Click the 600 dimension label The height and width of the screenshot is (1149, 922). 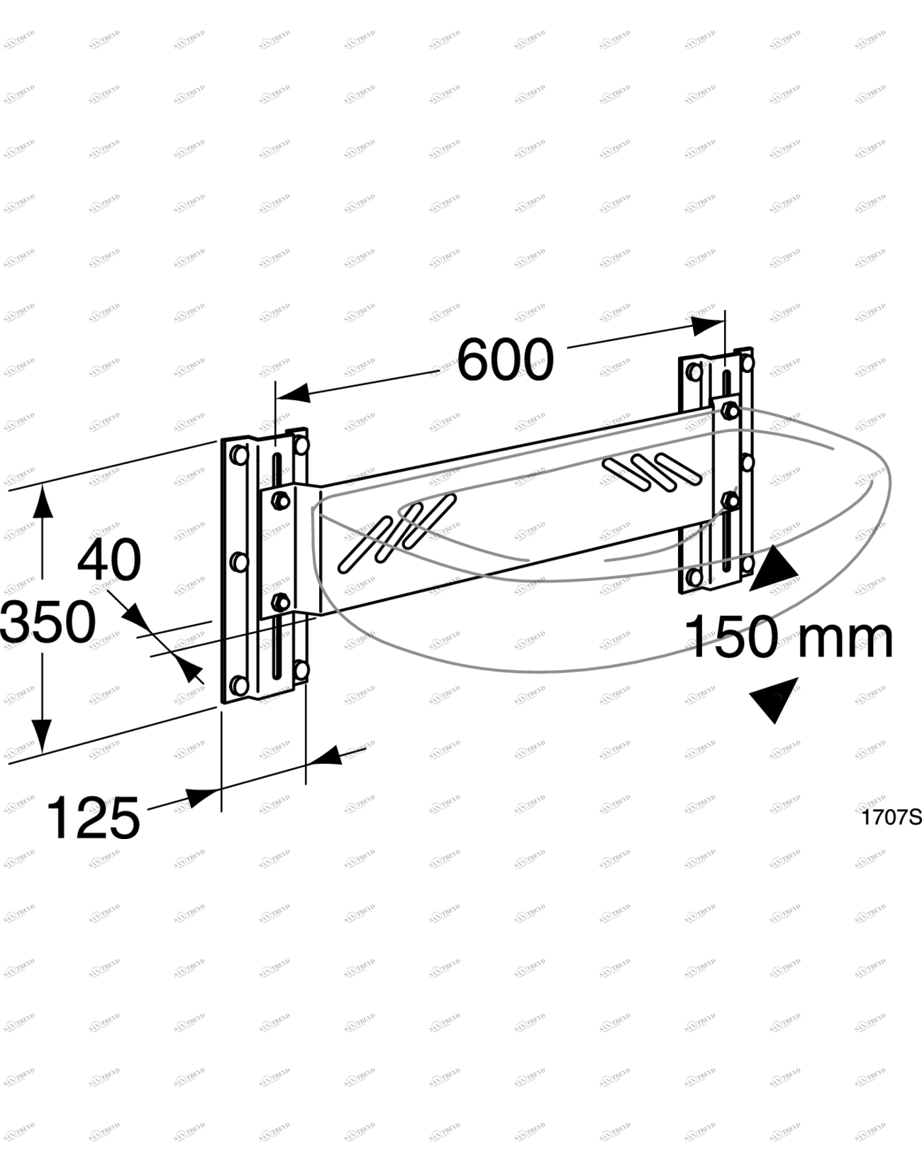505,360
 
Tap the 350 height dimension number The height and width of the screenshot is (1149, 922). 48,622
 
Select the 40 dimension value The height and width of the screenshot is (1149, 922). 109,560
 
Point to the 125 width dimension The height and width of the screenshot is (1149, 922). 93,818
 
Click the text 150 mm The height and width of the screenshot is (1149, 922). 788,637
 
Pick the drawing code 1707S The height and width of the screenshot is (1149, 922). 891,817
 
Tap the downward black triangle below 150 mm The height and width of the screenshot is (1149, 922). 774,697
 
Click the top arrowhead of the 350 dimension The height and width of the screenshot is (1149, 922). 43,502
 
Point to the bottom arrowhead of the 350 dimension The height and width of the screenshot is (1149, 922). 43,734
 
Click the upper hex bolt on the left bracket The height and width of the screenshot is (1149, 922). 280,500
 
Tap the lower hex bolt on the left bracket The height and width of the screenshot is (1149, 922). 281,602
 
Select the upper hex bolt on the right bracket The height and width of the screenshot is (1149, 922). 729,411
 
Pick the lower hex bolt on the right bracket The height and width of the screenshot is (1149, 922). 730,501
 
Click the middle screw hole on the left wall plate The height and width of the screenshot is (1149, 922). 239,562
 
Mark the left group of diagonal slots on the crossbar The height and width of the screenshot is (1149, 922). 396,532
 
